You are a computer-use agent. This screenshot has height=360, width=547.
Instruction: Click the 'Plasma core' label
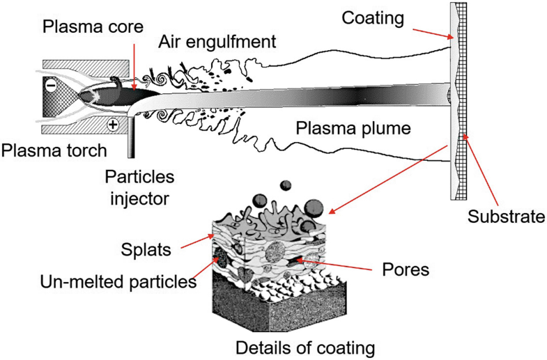pyautogui.click(x=93, y=29)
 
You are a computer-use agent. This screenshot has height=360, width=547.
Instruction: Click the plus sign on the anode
pyautogui.click(x=112, y=125)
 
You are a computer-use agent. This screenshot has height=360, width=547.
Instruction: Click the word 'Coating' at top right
pyautogui.click(x=373, y=18)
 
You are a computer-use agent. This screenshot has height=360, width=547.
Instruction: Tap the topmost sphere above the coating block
pyautogui.click(x=285, y=185)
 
